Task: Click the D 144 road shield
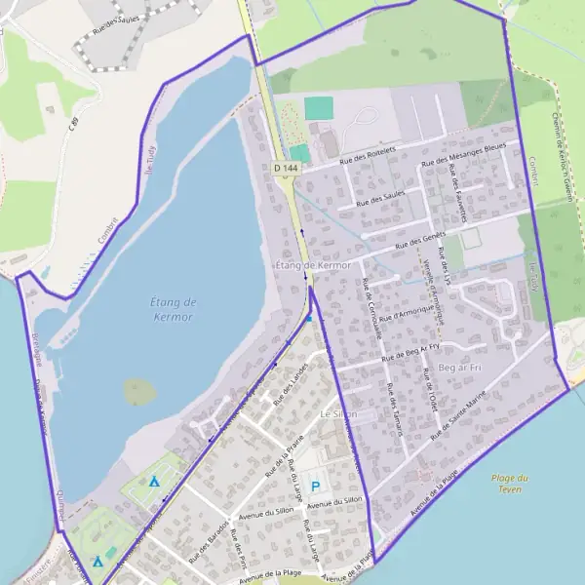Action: [x=285, y=169]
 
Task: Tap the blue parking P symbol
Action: [x=315, y=486]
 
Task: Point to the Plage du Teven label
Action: [x=510, y=483]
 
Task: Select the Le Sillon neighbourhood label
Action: [x=338, y=414]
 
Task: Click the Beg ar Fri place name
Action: [x=461, y=367]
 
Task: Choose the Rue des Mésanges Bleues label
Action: [x=464, y=156]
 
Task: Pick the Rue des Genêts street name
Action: [x=420, y=238]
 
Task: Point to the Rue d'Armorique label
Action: [x=404, y=310]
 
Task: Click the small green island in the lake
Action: [x=139, y=391]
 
